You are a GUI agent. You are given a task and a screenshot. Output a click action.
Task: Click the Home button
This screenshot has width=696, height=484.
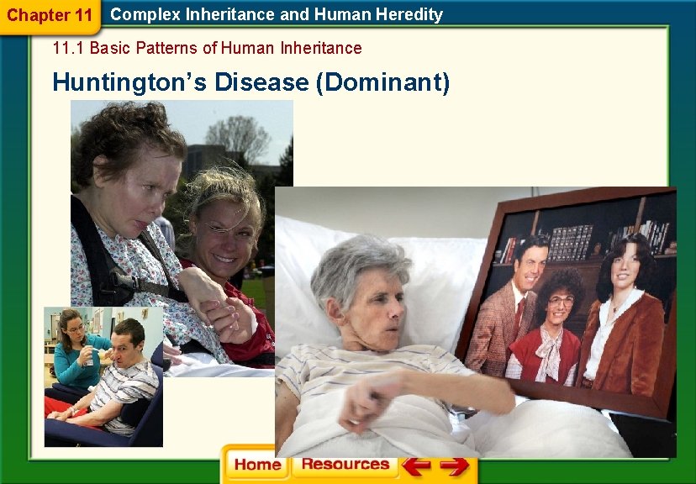pos(257,465)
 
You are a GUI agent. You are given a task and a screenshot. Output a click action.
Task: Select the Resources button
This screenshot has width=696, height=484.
pos(345,464)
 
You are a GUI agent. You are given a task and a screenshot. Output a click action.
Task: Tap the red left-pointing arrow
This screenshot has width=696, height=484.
pos(416,465)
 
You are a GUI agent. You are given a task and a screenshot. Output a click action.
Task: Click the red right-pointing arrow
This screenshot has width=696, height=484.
pos(454,465)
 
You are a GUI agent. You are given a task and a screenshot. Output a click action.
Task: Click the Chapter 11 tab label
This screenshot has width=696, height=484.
pos(49,15)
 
